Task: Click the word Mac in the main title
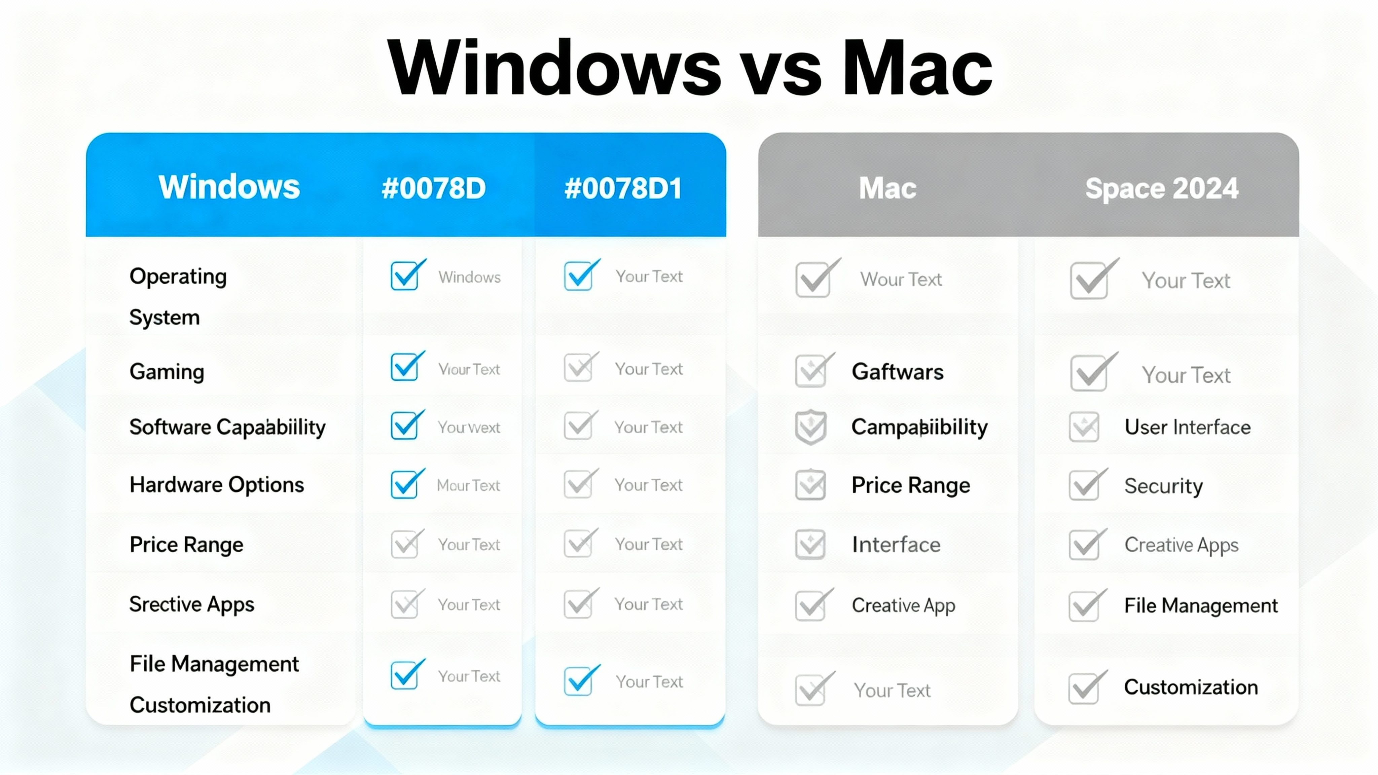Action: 917,69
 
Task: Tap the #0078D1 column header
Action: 623,188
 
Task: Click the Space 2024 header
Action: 1161,188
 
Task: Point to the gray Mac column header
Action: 887,188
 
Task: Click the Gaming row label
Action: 167,372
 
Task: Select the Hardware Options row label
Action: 217,485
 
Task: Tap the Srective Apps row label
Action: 191,604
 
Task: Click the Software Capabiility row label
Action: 227,427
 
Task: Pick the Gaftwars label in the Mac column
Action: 897,372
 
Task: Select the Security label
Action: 1163,486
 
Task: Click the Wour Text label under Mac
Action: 901,279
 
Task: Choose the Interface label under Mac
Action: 896,545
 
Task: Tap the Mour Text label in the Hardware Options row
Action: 468,485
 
